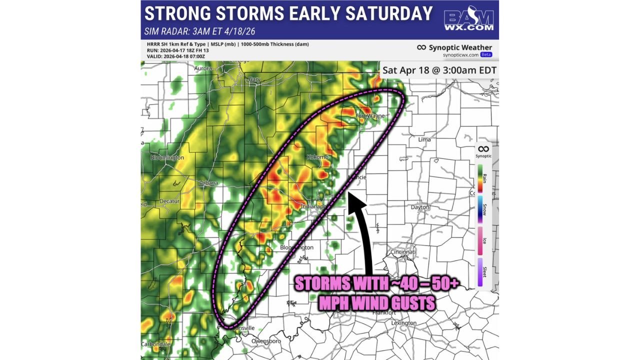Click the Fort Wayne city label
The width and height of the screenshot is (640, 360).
[x=369, y=116]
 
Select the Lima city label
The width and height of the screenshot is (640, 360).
[x=424, y=139]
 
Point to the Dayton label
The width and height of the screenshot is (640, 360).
[x=420, y=207]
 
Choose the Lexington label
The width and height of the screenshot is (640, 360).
[x=403, y=323]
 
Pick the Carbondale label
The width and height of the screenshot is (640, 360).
[x=155, y=344]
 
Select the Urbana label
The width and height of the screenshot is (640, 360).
[x=209, y=183]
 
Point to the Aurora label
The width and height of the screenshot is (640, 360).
[x=202, y=68]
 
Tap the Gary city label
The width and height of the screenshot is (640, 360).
[x=255, y=79]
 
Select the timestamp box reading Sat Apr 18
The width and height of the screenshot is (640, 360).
[x=439, y=70]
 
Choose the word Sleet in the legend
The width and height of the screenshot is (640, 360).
[x=484, y=272]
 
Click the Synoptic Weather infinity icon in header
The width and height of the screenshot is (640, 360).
[x=421, y=47]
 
